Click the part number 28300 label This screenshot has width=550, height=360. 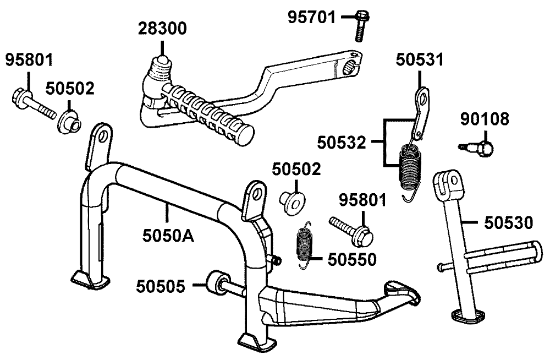pyautogui.click(x=162, y=29)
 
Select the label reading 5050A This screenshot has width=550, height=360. pyautogui.click(x=168, y=236)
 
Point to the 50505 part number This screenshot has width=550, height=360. pyautogui.click(x=160, y=286)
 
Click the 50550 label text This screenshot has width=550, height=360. pyautogui.click(x=352, y=260)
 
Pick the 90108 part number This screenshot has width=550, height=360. pyautogui.click(x=485, y=119)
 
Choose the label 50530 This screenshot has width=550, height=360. pyautogui.click(x=509, y=223)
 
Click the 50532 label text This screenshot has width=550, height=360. pyautogui.click(x=342, y=143)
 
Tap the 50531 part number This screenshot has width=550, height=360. pyautogui.click(x=420, y=59)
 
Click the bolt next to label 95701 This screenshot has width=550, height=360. pyautogui.click(x=360, y=26)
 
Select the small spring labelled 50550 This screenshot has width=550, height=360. pyautogui.click(x=304, y=246)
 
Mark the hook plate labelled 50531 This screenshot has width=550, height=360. pyautogui.click(x=421, y=113)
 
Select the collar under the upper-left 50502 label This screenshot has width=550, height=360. pyautogui.click(x=69, y=122)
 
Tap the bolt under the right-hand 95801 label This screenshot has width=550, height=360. pyautogui.click(x=351, y=231)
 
